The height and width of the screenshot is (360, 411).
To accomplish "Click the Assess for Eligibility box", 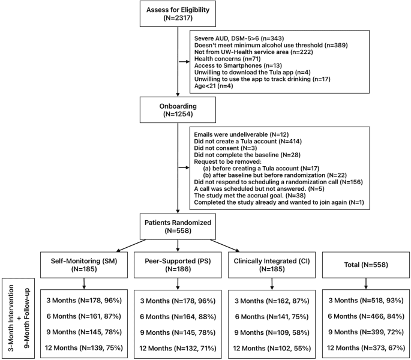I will coord(177,13).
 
